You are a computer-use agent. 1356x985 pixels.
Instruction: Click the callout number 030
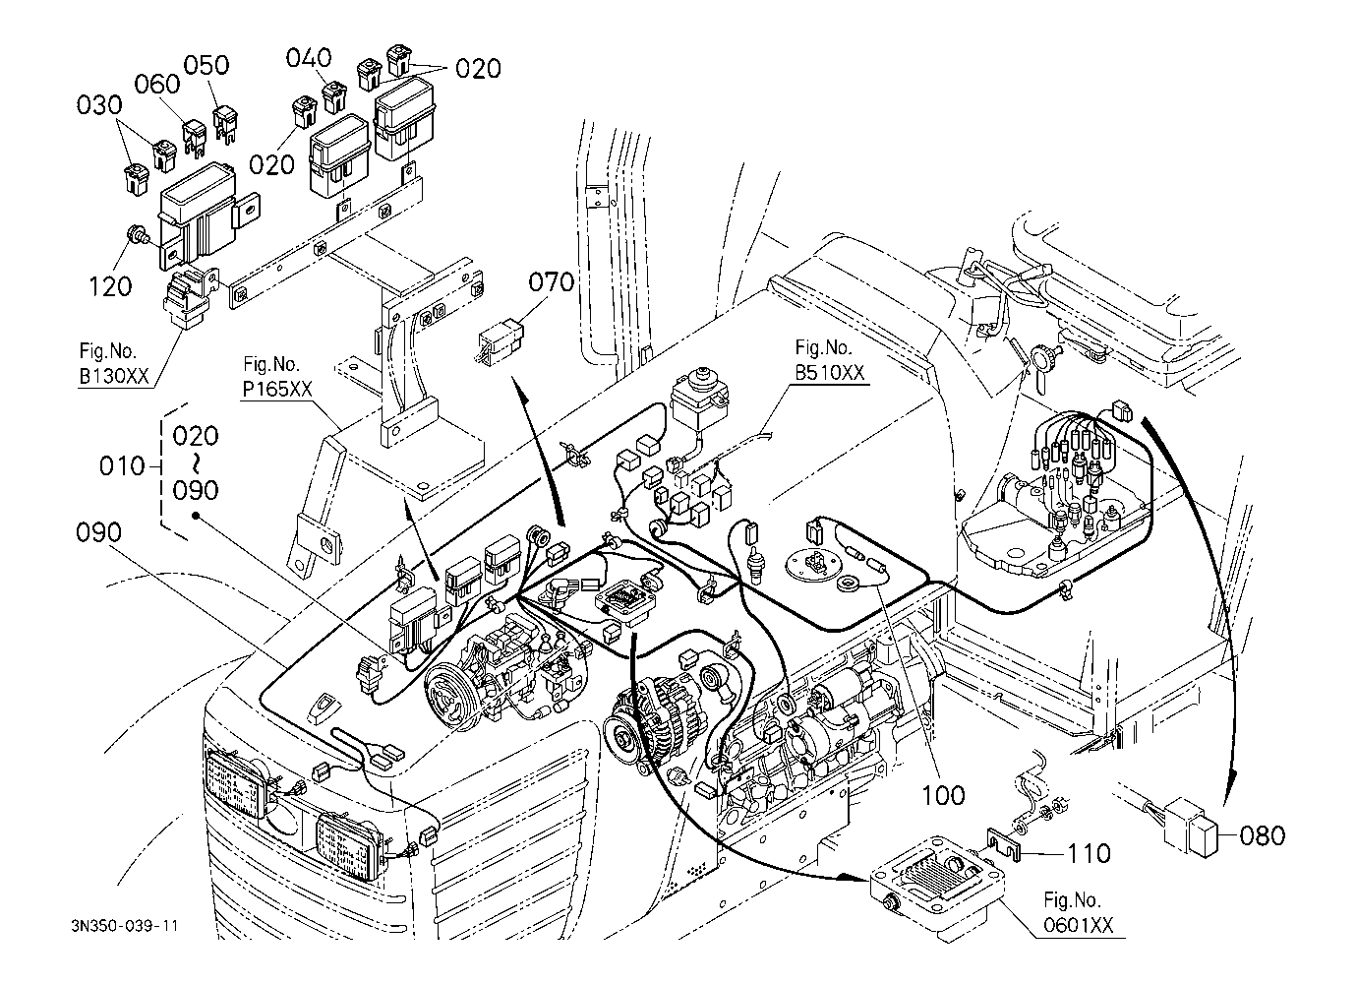pyautogui.click(x=98, y=105)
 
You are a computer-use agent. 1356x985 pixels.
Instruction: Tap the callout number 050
pyautogui.click(x=206, y=65)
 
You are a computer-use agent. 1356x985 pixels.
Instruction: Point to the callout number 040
pyautogui.click(x=309, y=58)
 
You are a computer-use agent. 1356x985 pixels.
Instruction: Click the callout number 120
pyautogui.click(x=110, y=286)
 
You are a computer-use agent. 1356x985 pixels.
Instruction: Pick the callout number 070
pyautogui.click(x=552, y=282)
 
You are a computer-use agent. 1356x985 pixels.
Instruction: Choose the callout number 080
pyautogui.click(x=1263, y=835)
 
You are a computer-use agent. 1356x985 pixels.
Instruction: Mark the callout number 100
pyautogui.click(x=944, y=793)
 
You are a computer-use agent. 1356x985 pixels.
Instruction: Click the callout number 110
pyautogui.click(x=1089, y=853)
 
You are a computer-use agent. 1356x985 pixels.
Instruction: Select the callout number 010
pyautogui.click(x=123, y=465)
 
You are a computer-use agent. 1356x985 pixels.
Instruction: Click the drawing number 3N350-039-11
pyautogui.click(x=124, y=926)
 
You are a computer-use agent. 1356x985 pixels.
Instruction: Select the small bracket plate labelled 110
pyautogui.click(x=1004, y=846)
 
